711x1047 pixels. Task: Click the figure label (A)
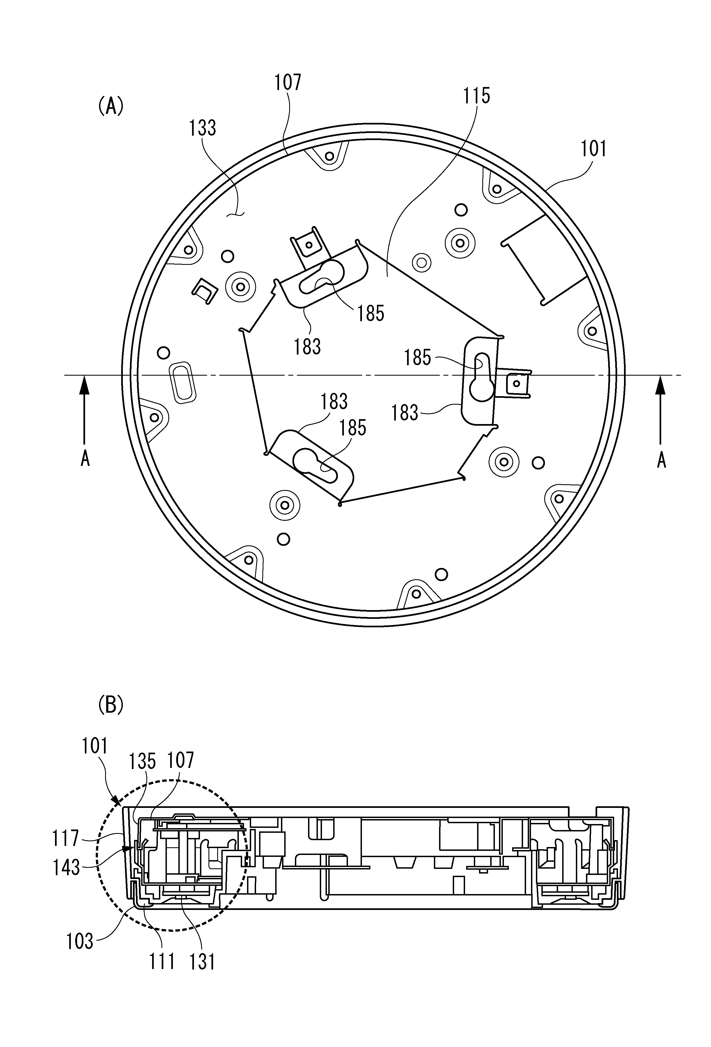tap(111, 108)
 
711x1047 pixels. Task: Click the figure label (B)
tap(111, 706)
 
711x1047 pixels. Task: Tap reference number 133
tap(203, 128)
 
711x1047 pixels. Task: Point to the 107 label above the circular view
tap(288, 82)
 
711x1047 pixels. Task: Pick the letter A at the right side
tap(661, 460)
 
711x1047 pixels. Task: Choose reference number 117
tap(66, 839)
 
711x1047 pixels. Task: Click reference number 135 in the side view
tap(142, 761)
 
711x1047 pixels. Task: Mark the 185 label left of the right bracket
tap(417, 358)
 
